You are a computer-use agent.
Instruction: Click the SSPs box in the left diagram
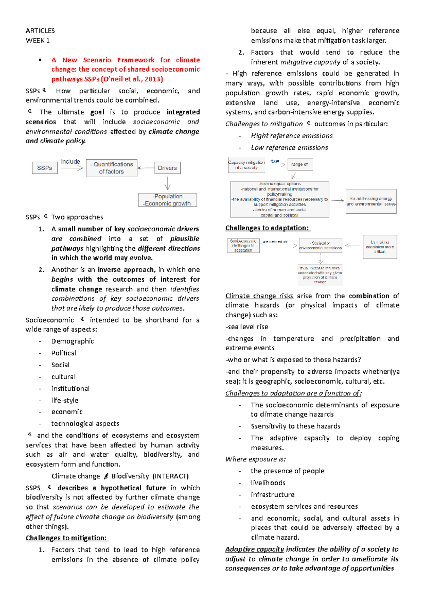point(45,168)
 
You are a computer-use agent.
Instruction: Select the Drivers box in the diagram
point(167,168)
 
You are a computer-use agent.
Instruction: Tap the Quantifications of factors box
point(112,168)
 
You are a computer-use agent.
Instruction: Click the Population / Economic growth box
point(168,200)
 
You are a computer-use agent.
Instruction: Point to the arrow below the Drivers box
point(168,183)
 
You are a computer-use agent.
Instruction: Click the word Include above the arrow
point(70,161)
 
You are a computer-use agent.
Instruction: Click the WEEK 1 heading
point(38,40)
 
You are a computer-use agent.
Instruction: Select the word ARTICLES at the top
point(40,30)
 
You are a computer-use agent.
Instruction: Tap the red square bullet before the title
point(41,60)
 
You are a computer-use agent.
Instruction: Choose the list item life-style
point(65,400)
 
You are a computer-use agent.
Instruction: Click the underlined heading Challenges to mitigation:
point(67,538)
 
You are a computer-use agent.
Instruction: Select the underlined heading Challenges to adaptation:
point(267,228)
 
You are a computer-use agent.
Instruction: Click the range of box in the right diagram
point(300,165)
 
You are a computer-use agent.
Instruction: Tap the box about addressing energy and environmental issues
point(371,201)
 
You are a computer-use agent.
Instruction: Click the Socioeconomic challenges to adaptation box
point(243,245)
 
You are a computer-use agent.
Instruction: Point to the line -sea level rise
point(247,327)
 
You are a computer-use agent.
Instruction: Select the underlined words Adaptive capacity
point(254,549)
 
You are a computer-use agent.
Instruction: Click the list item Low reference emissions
point(289,147)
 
